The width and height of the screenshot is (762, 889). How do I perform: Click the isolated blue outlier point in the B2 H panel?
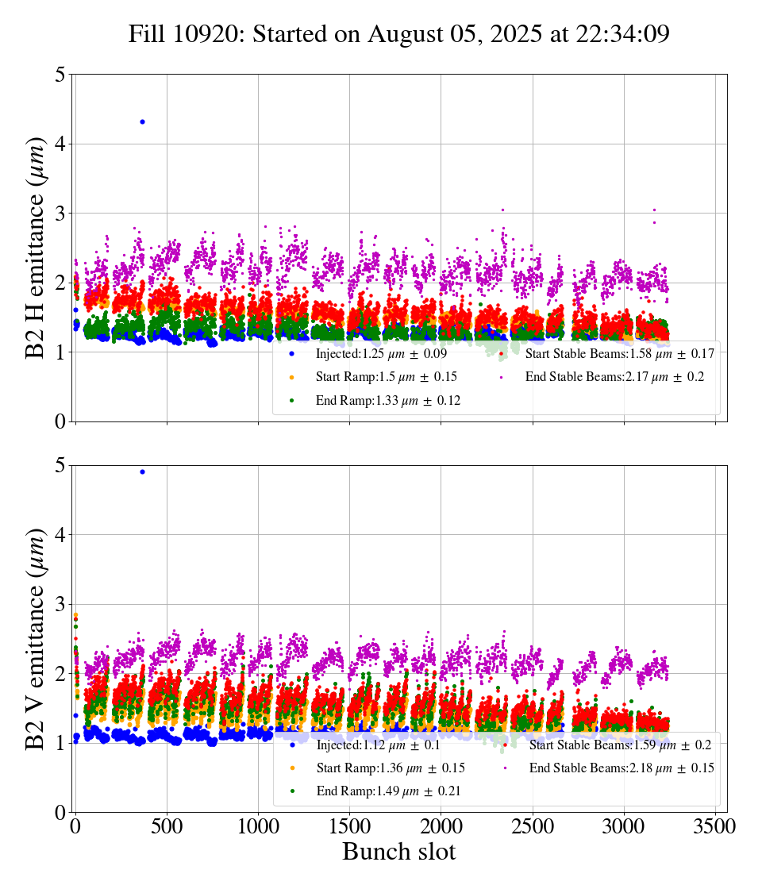(x=142, y=121)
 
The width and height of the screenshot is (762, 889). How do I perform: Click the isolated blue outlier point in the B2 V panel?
(x=142, y=471)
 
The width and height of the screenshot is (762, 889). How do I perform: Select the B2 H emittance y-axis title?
(x=36, y=248)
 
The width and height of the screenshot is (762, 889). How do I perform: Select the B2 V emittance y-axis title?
(x=36, y=638)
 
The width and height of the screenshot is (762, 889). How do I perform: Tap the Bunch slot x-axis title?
(x=399, y=852)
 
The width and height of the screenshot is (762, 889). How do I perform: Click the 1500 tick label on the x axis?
(x=350, y=825)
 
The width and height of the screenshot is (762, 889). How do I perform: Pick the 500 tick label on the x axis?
(x=167, y=825)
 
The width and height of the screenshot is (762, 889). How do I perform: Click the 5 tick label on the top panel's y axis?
(x=60, y=75)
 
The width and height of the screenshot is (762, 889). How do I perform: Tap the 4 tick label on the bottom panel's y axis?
(x=60, y=535)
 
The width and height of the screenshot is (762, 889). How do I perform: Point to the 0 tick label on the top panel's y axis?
(x=60, y=421)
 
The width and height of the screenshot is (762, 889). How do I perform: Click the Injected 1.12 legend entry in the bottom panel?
(x=374, y=745)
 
